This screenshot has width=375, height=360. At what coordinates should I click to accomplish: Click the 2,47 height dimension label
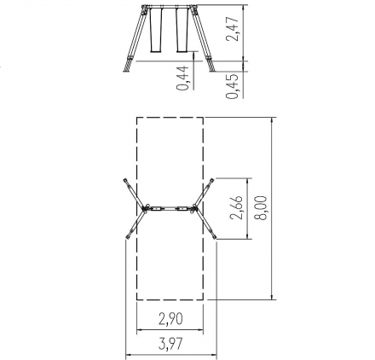pyautogui.click(x=232, y=29)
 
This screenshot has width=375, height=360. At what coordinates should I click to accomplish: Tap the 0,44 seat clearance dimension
pyautogui.click(x=182, y=78)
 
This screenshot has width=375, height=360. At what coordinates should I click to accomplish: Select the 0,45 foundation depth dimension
pyautogui.click(x=232, y=86)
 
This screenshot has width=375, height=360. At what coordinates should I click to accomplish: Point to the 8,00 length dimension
pyautogui.click(x=261, y=208)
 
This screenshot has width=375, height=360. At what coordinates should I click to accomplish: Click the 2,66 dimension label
pyautogui.click(x=236, y=207)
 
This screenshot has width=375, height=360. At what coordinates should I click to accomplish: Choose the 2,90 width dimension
pyautogui.click(x=170, y=319)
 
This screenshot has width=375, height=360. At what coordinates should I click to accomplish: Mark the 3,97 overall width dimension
pyautogui.click(x=170, y=344)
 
